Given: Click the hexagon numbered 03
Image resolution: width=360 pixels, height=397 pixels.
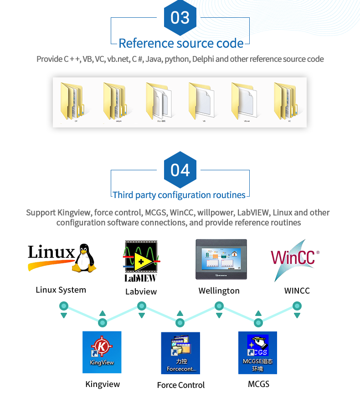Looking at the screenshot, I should click(180, 18).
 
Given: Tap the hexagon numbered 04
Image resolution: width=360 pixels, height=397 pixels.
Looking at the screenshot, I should click(180, 170).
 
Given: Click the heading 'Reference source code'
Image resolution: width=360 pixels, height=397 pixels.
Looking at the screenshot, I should click(181, 43).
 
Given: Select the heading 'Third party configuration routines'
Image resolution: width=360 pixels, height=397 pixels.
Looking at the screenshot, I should click(179, 195).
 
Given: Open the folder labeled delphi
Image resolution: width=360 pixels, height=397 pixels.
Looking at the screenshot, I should click(114, 101).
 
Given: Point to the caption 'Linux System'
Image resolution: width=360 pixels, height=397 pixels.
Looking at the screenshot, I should click(61, 290).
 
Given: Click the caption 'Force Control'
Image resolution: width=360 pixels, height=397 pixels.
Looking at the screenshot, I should click(181, 385).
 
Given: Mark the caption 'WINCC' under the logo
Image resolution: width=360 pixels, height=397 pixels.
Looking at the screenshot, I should click(297, 290).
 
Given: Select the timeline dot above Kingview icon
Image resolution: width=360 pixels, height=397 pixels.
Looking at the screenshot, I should click(103, 323).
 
